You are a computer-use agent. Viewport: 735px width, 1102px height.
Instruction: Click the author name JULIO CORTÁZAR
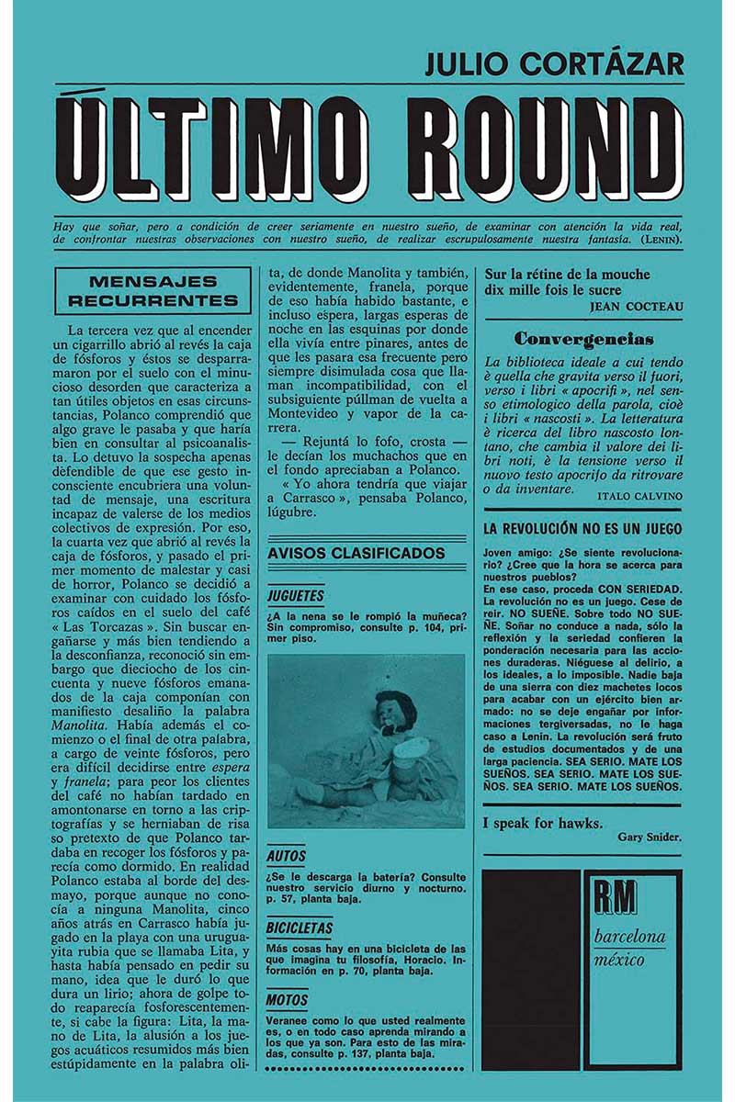pyautogui.click(x=554, y=66)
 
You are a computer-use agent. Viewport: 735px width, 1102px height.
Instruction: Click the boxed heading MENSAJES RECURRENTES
pyautogui.click(x=153, y=291)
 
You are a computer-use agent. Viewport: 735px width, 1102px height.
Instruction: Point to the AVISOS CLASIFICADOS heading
pyautogui.click(x=355, y=554)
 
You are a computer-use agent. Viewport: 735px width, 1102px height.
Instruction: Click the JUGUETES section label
pyautogui.click(x=295, y=595)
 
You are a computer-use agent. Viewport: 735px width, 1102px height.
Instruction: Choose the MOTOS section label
pyautogui.click(x=288, y=999)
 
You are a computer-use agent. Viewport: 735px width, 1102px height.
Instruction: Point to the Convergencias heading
pyautogui.click(x=583, y=339)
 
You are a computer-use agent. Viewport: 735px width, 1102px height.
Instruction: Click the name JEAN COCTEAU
pyautogui.click(x=636, y=307)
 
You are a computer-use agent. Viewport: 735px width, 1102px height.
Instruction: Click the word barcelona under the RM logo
pyautogui.click(x=630, y=938)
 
